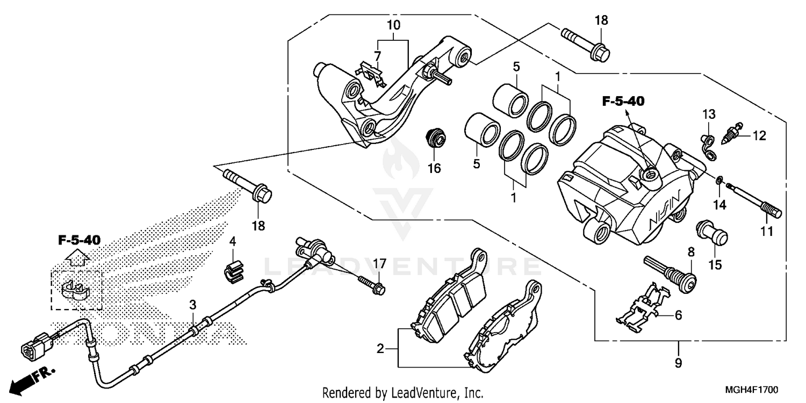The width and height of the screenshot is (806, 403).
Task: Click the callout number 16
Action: (434, 169)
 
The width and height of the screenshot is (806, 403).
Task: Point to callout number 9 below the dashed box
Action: (678, 363)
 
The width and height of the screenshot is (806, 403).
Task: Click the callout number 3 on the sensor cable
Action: (192, 305)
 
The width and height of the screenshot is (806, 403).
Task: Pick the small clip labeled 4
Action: (232, 269)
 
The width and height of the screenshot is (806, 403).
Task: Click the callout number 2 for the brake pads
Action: (380, 349)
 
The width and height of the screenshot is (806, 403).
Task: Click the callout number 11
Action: (766, 232)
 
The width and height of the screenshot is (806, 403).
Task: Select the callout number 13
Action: (709, 114)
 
